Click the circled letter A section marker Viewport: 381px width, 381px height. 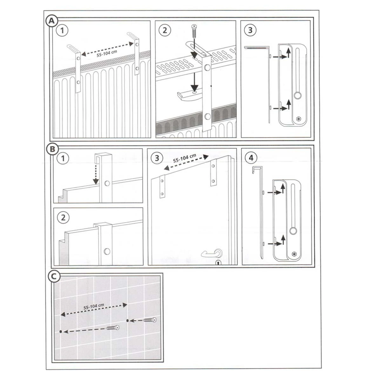[x=52, y=21]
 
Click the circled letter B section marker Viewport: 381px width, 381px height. [x=52, y=149]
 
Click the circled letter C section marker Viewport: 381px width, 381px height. [x=54, y=277]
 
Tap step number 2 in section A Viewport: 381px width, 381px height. [x=165, y=30]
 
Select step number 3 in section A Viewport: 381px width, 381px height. [x=250, y=30]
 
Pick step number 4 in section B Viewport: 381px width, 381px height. [x=251, y=158]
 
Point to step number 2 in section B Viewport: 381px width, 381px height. [x=63, y=218]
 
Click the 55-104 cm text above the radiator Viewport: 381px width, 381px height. [x=107, y=53]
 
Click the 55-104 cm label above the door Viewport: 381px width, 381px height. [x=184, y=158]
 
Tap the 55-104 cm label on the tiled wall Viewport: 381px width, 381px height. [x=94, y=306]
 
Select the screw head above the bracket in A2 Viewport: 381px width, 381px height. [x=194, y=26]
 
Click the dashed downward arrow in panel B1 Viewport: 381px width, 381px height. [x=96, y=174]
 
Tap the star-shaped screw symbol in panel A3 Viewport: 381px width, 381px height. [x=299, y=119]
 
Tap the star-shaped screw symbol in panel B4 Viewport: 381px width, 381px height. [x=294, y=254]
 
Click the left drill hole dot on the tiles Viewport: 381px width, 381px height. [x=61, y=331]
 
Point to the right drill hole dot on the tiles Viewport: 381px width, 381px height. [x=128, y=320]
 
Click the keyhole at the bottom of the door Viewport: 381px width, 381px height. [x=218, y=263]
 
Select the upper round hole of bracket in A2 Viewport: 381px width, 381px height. [x=207, y=68]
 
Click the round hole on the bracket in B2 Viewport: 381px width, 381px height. [x=107, y=251]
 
